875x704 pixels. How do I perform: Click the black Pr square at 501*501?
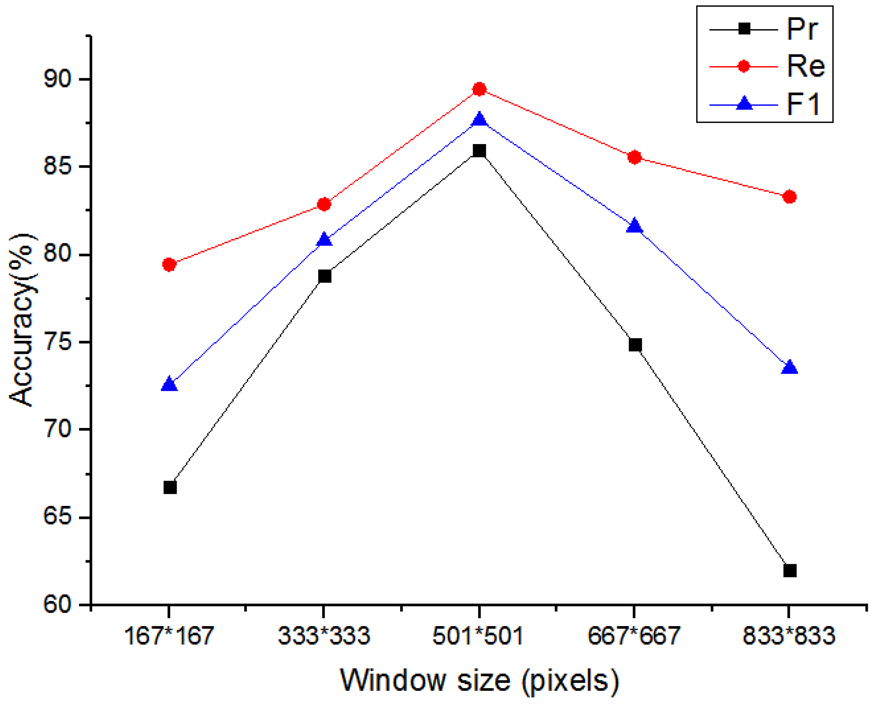[479, 151]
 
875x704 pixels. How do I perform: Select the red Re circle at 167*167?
[169, 265]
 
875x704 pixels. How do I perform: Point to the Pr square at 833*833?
[790, 571]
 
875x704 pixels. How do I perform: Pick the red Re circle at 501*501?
[479, 89]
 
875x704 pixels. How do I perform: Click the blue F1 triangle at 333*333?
[324, 240]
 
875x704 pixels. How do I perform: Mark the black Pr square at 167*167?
[170, 487]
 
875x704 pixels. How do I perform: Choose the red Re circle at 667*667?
[634, 157]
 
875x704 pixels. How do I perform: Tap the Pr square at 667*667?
[635, 345]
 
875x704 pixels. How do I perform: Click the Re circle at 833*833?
[789, 197]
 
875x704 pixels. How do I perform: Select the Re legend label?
[806, 66]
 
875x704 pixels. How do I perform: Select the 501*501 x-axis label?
[478, 635]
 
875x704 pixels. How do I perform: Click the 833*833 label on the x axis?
[789, 635]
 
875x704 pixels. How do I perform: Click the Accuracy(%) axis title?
[22, 321]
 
